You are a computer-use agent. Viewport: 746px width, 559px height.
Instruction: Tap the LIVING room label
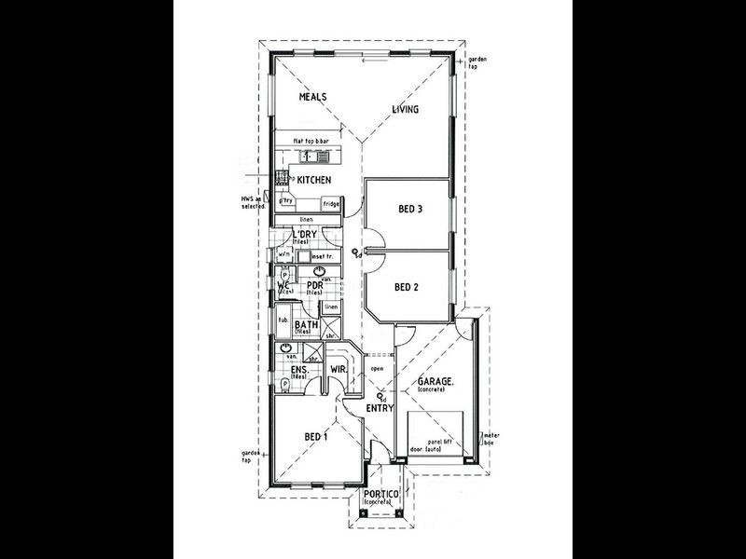pos(405,109)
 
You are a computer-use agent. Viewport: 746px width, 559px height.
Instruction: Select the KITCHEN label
pos(315,179)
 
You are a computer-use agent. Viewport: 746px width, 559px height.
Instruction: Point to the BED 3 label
pos(408,210)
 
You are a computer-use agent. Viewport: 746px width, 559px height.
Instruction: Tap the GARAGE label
pos(435,382)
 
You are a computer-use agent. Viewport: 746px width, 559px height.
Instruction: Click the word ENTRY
pos(380,409)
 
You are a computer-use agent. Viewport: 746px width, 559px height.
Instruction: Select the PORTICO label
pos(383,494)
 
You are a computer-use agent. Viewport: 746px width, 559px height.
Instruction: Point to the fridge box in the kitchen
pos(330,203)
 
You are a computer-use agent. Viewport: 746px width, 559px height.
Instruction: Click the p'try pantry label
pos(288,200)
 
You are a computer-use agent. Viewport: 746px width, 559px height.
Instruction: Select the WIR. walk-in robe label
pos(339,370)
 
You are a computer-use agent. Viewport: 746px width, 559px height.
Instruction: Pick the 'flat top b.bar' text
pos(311,140)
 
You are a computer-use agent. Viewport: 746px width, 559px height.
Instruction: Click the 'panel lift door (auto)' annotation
pos(435,445)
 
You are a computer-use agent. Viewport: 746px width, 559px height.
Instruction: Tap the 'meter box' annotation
pos(490,438)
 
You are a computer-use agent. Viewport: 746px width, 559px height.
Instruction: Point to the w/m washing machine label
pos(284,252)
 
